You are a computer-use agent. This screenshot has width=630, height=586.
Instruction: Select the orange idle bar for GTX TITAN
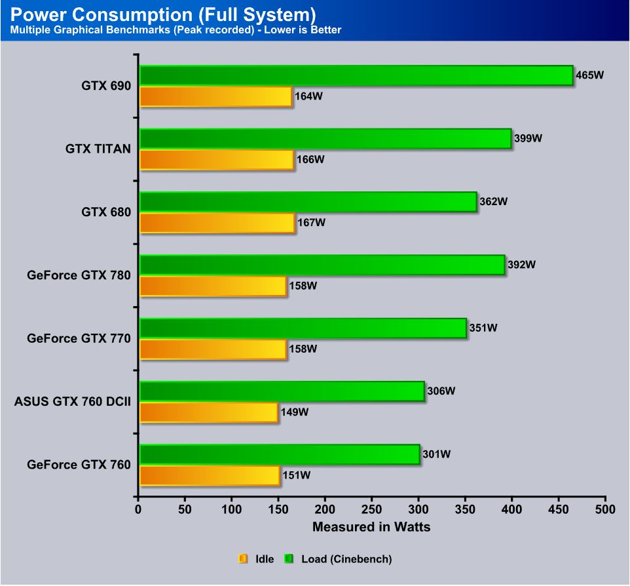click(217, 160)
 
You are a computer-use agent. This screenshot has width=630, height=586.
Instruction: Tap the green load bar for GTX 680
click(308, 202)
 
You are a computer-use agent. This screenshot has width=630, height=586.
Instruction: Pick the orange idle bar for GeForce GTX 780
click(213, 286)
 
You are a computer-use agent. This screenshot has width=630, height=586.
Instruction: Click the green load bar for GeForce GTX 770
click(303, 328)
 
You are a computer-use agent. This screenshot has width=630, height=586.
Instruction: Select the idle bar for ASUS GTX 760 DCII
click(209, 412)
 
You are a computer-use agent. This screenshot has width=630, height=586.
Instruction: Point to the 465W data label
click(589, 75)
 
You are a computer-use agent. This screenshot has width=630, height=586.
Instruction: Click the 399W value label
click(528, 138)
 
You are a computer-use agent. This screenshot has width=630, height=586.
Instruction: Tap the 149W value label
click(295, 412)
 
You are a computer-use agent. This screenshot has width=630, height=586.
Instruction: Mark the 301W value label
click(436, 454)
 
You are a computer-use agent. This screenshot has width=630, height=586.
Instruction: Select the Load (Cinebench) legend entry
click(339, 559)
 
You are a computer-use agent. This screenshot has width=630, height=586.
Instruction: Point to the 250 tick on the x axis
click(371, 509)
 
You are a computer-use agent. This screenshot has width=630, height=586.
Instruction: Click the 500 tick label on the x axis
click(605, 509)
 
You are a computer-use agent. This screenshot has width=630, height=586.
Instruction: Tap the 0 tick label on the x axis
click(138, 509)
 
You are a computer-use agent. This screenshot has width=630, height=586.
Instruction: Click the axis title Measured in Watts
click(371, 527)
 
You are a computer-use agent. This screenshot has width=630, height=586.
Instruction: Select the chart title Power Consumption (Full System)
click(163, 13)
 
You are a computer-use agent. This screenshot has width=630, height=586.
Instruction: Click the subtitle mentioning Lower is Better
click(176, 30)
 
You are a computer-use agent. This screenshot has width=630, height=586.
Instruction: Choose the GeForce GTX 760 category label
click(79, 465)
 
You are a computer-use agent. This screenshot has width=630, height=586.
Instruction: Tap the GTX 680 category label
click(106, 212)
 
